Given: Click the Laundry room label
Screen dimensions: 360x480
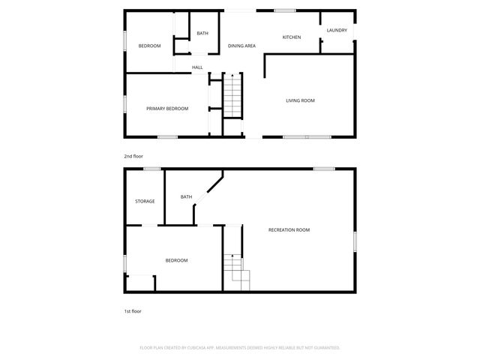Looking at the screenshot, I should pos(337,30).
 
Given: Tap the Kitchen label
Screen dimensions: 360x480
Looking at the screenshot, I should pos(292,37).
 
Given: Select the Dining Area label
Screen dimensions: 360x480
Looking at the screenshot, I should pos(241,46).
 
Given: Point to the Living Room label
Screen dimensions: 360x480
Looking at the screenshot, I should pos(300,100).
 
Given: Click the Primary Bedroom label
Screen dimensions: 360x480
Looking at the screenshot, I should pos(166,109).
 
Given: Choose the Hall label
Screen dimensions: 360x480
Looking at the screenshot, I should pos(197,67).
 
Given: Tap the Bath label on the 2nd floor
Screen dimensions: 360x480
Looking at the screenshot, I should pos(202,34).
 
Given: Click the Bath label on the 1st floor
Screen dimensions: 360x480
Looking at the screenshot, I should pos(186,197).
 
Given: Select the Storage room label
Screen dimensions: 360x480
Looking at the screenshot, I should pos(145,201).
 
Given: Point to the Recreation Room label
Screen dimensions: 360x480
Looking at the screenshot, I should pos(289,230).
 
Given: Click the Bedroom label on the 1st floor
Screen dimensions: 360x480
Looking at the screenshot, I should pos(176,260).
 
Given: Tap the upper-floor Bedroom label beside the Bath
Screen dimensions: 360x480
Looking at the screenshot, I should pos(149,46).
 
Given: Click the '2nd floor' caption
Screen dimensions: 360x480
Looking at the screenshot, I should pos(133,156).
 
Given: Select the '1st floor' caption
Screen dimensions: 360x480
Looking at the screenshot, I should pos(133,310).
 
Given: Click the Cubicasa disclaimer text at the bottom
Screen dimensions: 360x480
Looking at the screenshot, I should pos(240,348).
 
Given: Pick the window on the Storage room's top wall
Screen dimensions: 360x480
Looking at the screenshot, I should pos(152,169).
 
